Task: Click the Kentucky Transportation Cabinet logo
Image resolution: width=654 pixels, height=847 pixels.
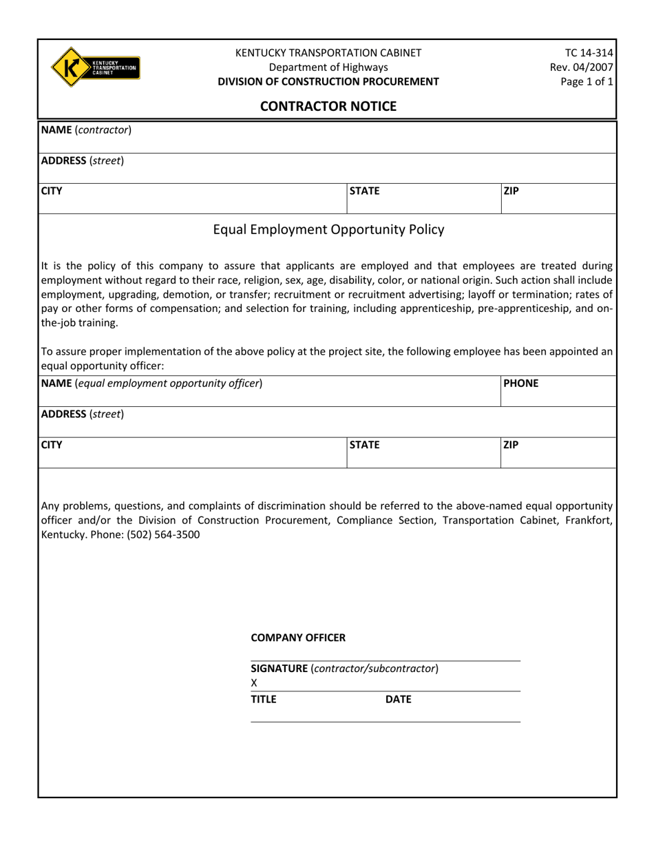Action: click(95, 67)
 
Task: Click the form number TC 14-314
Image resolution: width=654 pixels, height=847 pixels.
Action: click(589, 53)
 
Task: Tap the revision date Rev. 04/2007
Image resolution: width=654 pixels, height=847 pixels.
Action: click(582, 67)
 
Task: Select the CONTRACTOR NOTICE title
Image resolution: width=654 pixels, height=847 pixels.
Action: click(328, 106)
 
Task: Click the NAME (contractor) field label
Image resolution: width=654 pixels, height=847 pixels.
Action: click(86, 129)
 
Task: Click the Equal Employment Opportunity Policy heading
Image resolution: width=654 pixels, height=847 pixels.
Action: click(328, 230)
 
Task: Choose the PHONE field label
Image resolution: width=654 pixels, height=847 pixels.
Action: click(521, 383)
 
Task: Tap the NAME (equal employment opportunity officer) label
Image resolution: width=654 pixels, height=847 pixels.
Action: click(151, 383)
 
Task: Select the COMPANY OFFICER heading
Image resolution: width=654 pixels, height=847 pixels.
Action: click(298, 638)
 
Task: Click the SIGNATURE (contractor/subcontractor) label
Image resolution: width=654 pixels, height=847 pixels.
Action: click(344, 668)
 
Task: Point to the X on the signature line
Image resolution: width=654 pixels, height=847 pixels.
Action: click(254, 683)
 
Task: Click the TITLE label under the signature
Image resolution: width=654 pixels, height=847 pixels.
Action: click(263, 699)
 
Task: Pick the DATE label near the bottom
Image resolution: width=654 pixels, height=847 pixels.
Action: click(398, 699)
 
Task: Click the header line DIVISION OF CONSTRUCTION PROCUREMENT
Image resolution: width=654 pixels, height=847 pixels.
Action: click(328, 81)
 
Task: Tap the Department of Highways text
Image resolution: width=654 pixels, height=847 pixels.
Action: click(328, 67)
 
